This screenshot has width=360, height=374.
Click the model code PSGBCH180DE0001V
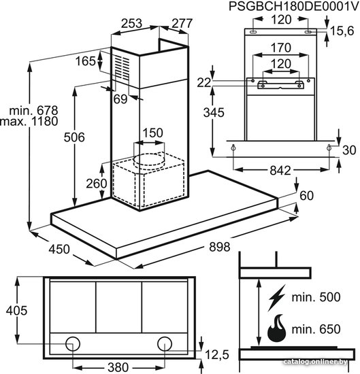pyautogui.click(x=294, y=6)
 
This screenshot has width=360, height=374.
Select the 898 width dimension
pyautogui.click(x=220, y=247)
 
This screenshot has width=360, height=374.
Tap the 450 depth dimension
pyautogui.click(x=59, y=250)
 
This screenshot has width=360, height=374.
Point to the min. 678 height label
pyautogui.click(x=33, y=111)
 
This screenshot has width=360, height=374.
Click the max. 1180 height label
pyautogui.click(x=29, y=122)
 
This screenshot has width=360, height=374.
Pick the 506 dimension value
pyautogui.click(x=74, y=137)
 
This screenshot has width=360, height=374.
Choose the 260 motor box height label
pyautogui.click(x=97, y=184)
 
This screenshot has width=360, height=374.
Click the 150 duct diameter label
pyautogui.click(x=153, y=133)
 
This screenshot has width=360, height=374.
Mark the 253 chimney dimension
pyautogui.click(x=132, y=23)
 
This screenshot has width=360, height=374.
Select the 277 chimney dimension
pyautogui.click(x=182, y=23)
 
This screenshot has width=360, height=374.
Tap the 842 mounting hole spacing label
pyautogui.click(x=280, y=171)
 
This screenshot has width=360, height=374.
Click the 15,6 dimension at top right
pyautogui.click(x=342, y=31)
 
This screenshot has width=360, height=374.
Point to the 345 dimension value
pyautogui.click(x=214, y=113)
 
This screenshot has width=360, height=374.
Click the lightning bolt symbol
pyautogui.click(x=277, y=298)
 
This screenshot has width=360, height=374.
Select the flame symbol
pyautogui.click(x=277, y=328)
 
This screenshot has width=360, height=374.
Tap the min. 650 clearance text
pyautogui.click(x=316, y=329)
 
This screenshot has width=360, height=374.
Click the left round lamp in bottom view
pyautogui.click(x=73, y=343)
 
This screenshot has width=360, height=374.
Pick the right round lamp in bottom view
pyautogui.click(x=165, y=343)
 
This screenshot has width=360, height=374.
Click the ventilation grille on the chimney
pyautogui.click(x=122, y=68)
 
